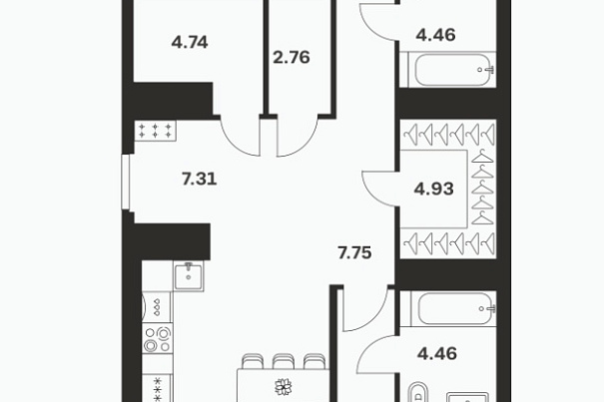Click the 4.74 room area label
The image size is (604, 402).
point(190,42)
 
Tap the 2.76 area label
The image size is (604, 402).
point(292,58)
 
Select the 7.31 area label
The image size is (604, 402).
point(200,179)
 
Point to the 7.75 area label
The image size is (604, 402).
point(354,253)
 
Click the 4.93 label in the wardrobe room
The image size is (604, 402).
point(433,189)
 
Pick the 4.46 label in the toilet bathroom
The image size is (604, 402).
point(437,353)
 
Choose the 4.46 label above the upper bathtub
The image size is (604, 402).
point(435,35)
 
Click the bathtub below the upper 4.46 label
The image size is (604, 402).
point(452,70)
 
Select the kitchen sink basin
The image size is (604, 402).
point(189,275)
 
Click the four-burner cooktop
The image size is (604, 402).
point(158,338)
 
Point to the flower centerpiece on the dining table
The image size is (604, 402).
point(284,387)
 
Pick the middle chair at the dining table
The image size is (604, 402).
point(284,361)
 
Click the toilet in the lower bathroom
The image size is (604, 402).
point(418,392)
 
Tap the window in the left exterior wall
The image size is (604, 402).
point(126,183)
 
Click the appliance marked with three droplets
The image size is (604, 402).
point(157,307)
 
